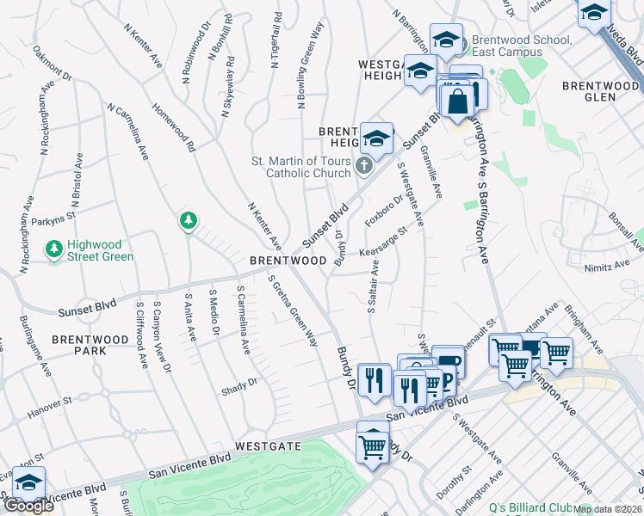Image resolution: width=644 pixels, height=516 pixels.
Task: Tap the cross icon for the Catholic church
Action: coord(364,165)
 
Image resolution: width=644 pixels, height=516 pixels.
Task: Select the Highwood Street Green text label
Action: coord(100,250)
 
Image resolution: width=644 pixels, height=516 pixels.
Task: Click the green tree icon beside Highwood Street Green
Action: coord(54,249)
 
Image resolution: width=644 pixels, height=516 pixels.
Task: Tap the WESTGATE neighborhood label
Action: coord(269,446)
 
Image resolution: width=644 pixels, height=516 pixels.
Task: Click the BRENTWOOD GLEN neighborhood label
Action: coord(601,91)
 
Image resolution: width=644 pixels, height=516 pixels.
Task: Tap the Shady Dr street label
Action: coord(240,383)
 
